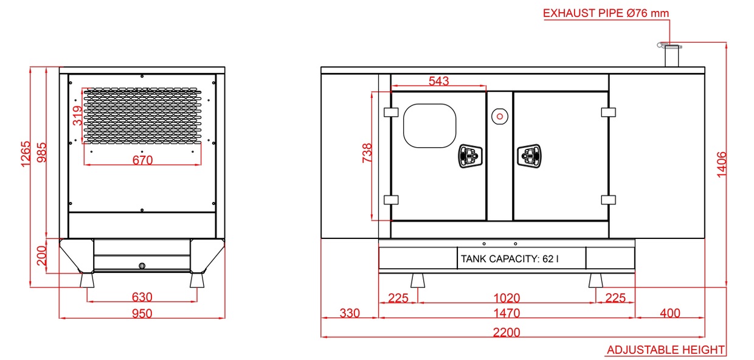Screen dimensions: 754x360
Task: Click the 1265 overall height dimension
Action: [x=26, y=154]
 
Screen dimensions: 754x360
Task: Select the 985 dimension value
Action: [x=42, y=153]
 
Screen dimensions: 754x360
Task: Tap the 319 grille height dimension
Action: [x=77, y=116]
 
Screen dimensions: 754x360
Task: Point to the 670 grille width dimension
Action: [x=143, y=160]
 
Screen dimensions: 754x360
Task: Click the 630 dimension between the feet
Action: [x=142, y=297]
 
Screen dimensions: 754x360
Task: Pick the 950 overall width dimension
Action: [x=142, y=314]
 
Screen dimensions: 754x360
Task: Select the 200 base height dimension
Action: [x=42, y=256]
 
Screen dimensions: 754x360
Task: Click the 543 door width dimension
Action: [x=439, y=81]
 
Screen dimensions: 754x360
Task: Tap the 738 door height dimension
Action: [x=367, y=153]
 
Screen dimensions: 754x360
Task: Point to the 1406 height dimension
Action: [x=722, y=165]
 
